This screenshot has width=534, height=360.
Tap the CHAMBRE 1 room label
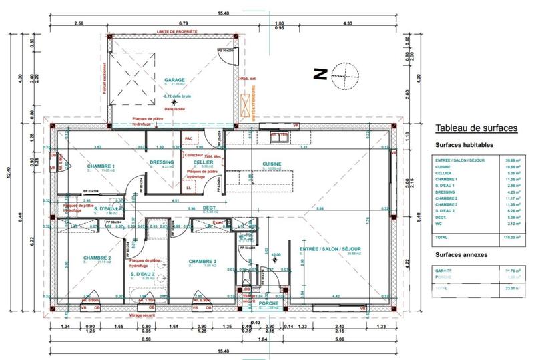[x=101, y=166]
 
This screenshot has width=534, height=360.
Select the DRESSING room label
[x=162, y=162]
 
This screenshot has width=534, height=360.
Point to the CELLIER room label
[x=203, y=162]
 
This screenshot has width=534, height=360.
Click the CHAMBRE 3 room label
[x=202, y=261]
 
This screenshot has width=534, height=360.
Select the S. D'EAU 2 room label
[x=142, y=274]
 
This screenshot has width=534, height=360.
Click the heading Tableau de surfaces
[x=475, y=128]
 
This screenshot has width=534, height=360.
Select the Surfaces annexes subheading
[x=461, y=255]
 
